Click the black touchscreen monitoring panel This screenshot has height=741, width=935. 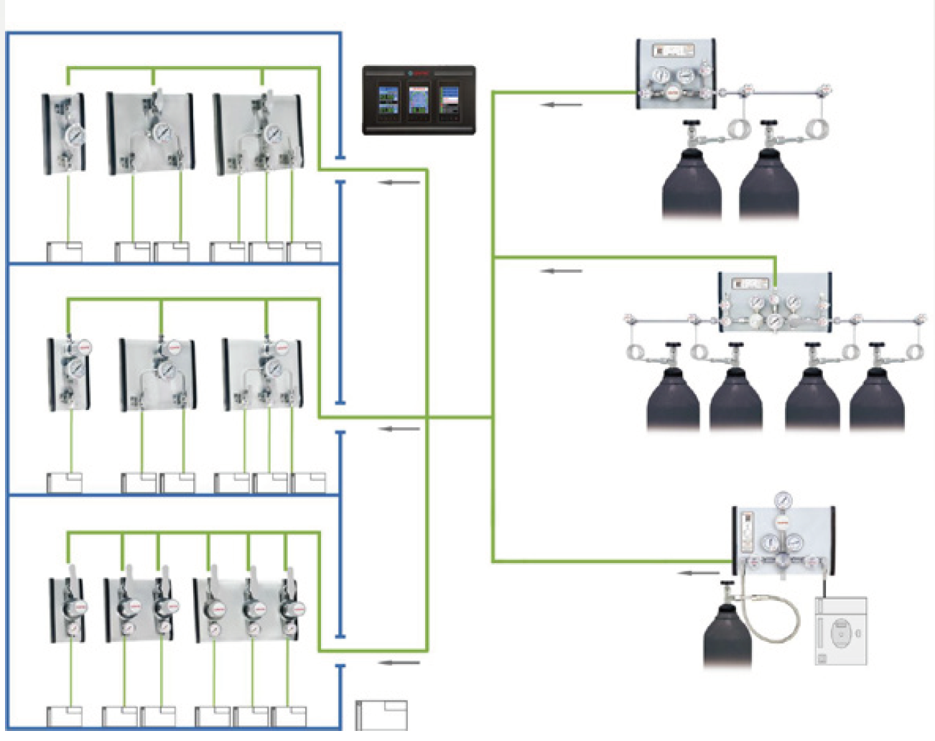pos(419,100)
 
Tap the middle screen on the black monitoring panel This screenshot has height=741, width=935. pos(419,100)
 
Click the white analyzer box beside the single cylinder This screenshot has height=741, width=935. pos(841,631)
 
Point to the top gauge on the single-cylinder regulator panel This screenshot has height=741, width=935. pos(783,501)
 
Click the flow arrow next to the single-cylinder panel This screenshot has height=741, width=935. pos(699,573)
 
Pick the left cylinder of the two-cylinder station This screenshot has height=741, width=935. pos(690,183)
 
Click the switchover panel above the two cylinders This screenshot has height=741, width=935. pos(676,75)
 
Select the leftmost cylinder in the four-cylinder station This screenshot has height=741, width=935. pos(673,399)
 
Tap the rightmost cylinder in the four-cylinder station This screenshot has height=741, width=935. pos(877,399)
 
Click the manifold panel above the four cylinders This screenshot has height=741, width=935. pos(775,302)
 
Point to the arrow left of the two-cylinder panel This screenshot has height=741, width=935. pos(562,105)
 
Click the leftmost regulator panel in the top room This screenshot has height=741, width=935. pos(64,134)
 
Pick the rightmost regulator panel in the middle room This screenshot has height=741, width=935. pos(262,374)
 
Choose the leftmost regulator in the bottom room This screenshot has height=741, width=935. pos(68,610)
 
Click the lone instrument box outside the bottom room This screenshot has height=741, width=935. pos(381,715)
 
